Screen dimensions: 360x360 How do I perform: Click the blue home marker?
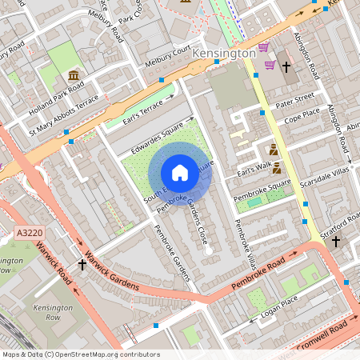coord(180,173)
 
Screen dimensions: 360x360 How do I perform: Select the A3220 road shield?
coord(28,233)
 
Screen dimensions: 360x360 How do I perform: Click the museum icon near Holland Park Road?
coord(74,76)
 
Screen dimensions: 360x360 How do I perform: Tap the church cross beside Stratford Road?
coord(335,240)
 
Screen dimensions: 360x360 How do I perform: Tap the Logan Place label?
coord(279,310)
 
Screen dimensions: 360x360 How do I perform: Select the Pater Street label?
coord(294,102)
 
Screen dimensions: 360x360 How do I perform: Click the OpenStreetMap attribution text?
coord(80,354)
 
